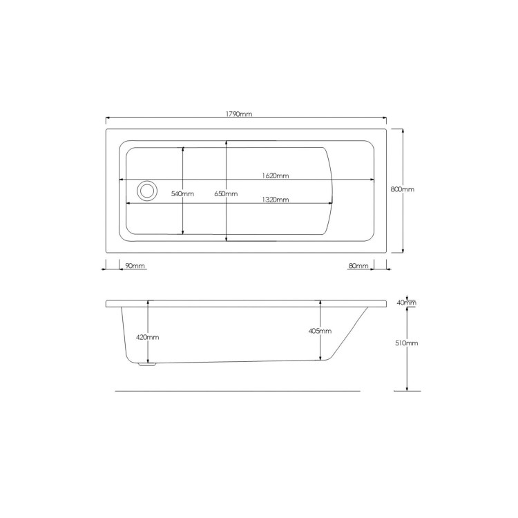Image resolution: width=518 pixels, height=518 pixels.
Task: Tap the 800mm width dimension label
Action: (x=403, y=189)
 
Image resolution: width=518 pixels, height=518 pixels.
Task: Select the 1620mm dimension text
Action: (x=275, y=175)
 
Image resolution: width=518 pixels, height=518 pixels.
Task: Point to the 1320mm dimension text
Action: (x=275, y=200)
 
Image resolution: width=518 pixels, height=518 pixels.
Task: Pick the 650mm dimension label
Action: (x=226, y=194)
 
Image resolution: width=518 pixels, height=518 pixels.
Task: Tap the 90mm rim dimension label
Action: (x=135, y=266)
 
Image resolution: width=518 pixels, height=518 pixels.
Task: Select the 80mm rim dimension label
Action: (x=358, y=266)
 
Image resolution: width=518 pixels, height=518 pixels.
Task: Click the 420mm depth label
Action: (x=148, y=337)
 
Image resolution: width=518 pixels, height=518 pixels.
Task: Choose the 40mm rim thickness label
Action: (x=407, y=303)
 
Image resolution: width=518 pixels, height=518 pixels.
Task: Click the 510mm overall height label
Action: (x=408, y=343)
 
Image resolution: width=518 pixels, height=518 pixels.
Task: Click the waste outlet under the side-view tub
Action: (x=146, y=364)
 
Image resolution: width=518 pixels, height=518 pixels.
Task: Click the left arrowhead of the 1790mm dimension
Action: (x=108, y=118)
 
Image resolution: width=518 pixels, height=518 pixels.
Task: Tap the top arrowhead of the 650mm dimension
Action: (x=227, y=144)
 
